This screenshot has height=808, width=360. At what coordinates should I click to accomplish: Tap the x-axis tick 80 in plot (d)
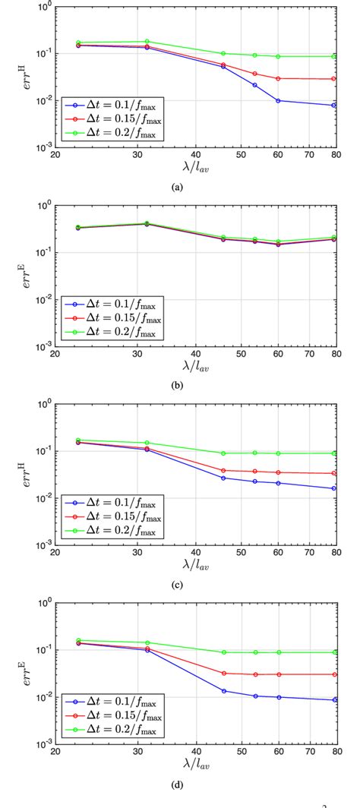point(336,751)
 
